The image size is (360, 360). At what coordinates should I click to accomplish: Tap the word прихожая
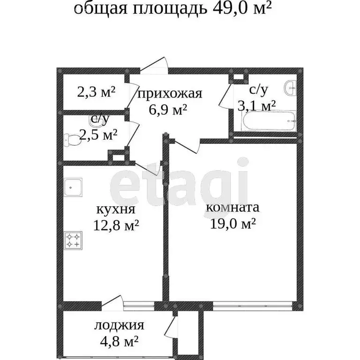coord(169,93)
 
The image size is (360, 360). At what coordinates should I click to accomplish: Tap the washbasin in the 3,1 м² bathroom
coord(291,88)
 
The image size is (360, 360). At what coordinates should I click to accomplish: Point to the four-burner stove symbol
coord(74,240)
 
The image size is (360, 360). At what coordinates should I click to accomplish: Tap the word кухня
coord(115,209)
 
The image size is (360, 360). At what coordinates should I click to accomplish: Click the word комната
coord(233,207)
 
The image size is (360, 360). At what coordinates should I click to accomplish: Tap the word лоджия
coord(119,325)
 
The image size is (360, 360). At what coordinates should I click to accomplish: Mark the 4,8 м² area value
coord(117,341)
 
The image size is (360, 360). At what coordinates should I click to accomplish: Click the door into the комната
coord(187,145)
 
